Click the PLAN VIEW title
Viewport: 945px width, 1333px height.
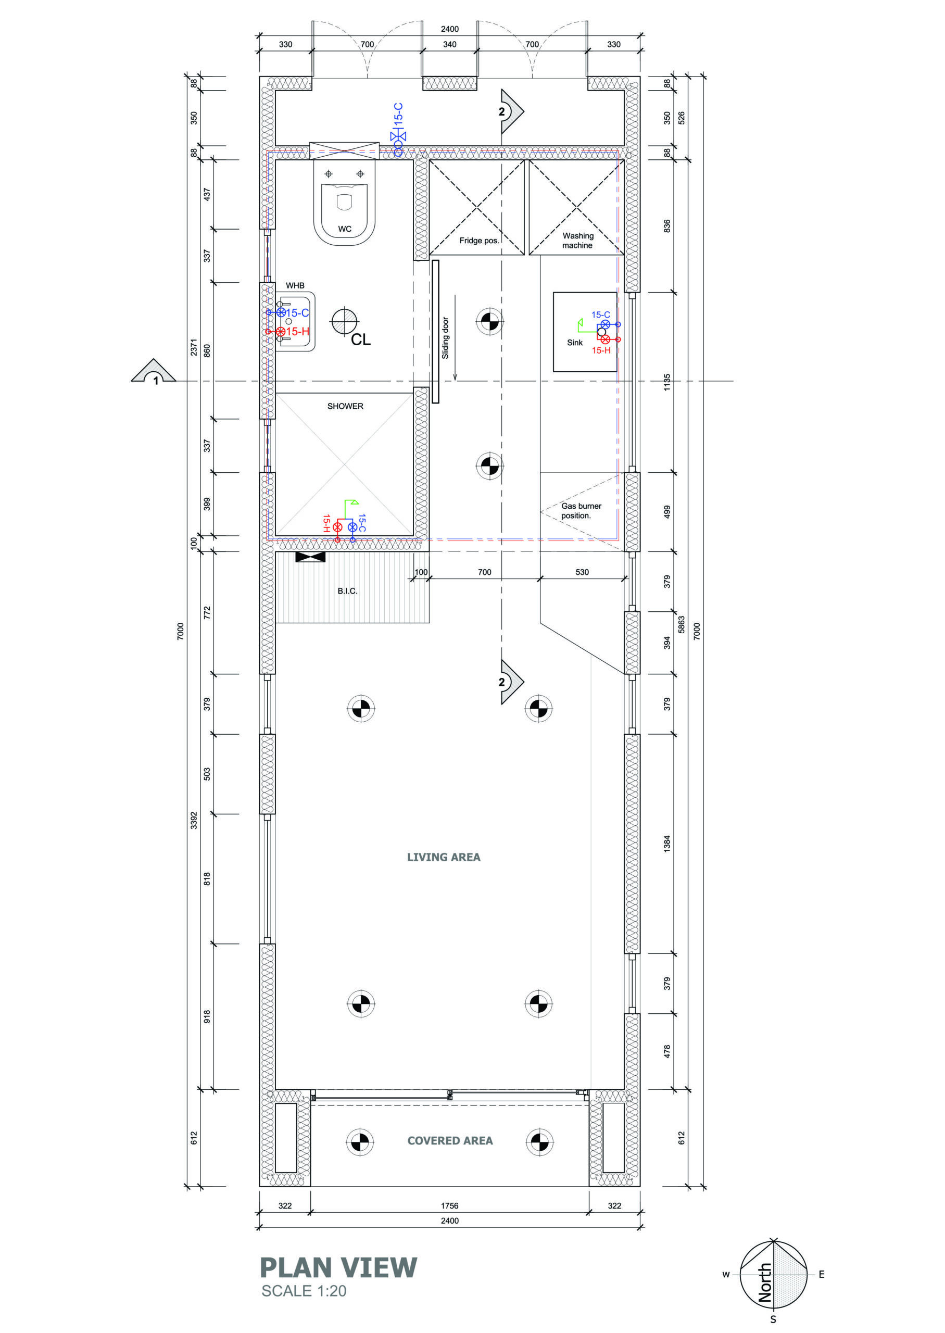[x=338, y=1268]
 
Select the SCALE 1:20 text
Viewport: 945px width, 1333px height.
[x=304, y=1291]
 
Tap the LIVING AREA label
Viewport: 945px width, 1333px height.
[x=444, y=857]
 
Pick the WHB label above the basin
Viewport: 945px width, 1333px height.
[x=295, y=286]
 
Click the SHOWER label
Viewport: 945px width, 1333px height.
[x=345, y=406]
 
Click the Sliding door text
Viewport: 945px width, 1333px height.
[x=445, y=338]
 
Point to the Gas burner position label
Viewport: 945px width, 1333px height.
[x=581, y=511]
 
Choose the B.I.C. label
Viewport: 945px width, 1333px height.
[x=347, y=591]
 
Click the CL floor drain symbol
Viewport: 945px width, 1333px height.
[x=345, y=321]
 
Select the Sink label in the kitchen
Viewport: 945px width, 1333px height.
[x=575, y=343]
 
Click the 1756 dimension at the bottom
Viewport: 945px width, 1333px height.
[x=450, y=1206]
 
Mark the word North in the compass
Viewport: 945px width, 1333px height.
[x=765, y=1282]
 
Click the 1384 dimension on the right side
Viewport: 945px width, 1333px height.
[x=667, y=844]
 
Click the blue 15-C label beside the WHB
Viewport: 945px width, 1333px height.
[x=297, y=313]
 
